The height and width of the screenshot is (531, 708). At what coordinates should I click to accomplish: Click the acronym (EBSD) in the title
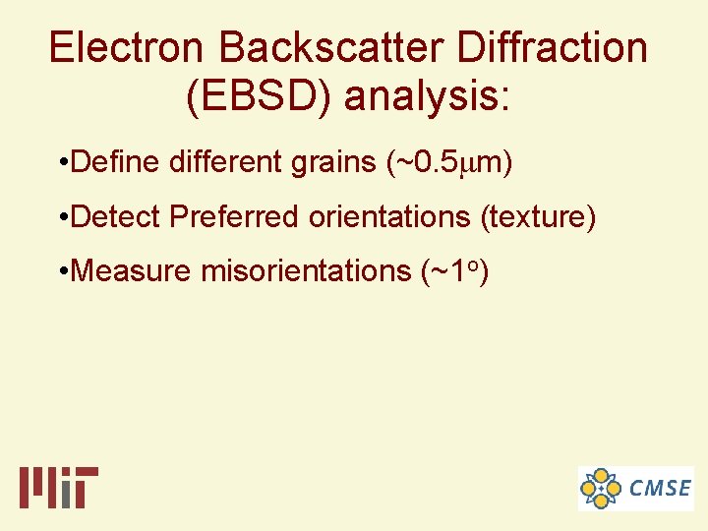257,96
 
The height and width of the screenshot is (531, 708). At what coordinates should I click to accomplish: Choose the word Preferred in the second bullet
235,216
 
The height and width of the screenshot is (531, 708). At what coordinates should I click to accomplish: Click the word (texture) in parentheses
538,216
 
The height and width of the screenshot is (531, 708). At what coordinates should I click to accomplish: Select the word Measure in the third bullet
132,270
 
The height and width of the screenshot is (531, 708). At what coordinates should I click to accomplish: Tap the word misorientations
307,270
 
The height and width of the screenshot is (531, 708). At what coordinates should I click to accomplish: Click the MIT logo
59,487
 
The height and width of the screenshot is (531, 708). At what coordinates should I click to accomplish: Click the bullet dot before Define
63,163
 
